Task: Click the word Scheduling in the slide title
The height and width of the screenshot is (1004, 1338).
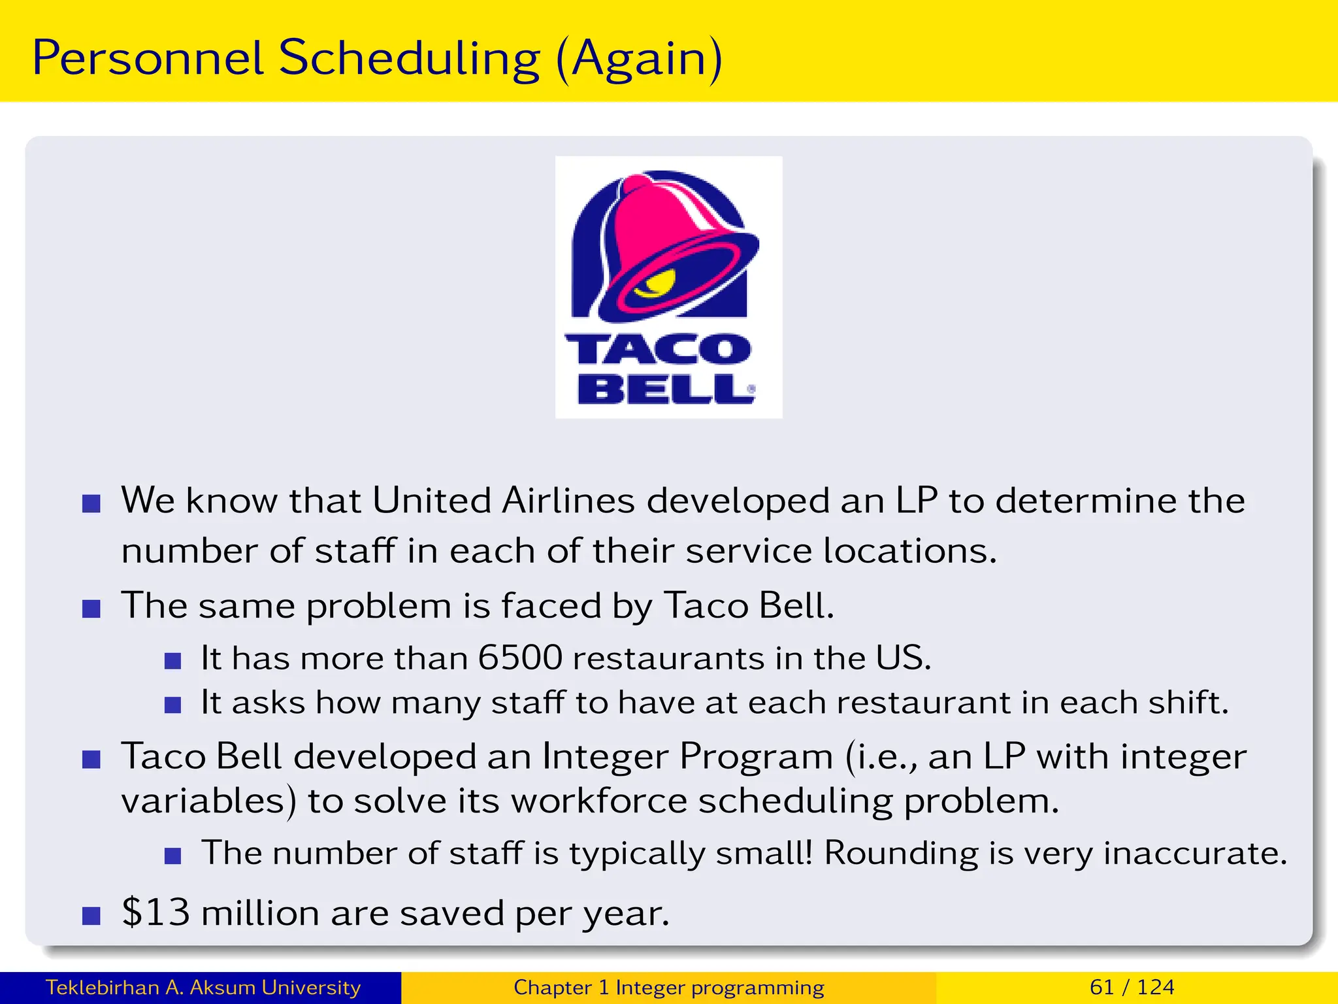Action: pos(410,59)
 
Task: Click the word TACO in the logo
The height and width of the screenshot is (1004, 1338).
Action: pos(658,349)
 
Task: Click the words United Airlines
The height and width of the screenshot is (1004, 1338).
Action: pos(503,501)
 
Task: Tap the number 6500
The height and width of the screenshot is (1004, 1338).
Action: pos(520,658)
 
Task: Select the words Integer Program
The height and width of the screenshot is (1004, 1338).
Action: pos(687,757)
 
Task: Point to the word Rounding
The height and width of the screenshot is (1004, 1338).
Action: pos(900,853)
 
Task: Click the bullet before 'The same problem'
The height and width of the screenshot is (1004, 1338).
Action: pos(91,609)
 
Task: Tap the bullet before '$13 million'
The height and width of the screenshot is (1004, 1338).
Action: pos(91,916)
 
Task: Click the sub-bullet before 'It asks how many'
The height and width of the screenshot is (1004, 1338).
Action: pos(172,705)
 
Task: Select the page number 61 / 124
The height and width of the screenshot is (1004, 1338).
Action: pos(1132,987)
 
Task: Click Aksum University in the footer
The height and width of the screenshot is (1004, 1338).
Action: pos(274,987)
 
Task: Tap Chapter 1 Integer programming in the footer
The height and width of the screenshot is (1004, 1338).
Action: pos(668,987)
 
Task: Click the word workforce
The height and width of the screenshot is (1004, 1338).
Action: pos(598,801)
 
